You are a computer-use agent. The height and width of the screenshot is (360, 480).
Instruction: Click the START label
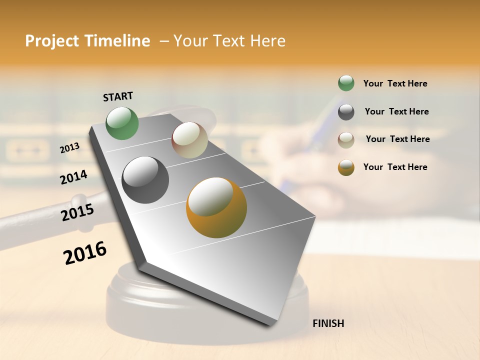pyautogui.click(x=118, y=96)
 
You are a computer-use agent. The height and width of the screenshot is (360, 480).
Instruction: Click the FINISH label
pyautogui.click(x=328, y=323)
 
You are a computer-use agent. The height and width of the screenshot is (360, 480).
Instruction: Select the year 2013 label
pyautogui.click(x=69, y=148)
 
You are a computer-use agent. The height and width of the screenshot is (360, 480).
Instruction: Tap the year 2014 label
pyautogui.click(x=73, y=177)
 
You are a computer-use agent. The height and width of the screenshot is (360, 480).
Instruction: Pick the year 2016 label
pyautogui.click(x=85, y=253)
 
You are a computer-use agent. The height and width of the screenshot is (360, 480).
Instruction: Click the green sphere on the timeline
pyautogui.click(x=122, y=123)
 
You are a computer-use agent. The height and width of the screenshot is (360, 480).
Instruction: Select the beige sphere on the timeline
pyautogui.click(x=189, y=140)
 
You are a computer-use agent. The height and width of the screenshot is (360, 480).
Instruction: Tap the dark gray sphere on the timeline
pyautogui.click(x=145, y=179)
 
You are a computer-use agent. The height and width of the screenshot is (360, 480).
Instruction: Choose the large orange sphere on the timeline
pyautogui.click(x=216, y=207)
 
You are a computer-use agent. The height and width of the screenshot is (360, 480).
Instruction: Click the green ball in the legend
pyautogui.click(x=346, y=83)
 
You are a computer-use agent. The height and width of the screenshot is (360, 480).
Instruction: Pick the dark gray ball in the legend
pyautogui.click(x=346, y=112)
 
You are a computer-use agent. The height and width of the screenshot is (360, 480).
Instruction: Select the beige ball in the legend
pyautogui.click(x=346, y=139)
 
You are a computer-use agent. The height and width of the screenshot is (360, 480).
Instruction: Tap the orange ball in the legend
pyautogui.click(x=346, y=167)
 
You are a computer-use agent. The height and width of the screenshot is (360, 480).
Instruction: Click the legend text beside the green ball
pyautogui.click(x=395, y=84)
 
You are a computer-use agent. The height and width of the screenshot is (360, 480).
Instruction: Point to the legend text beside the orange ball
pyautogui.click(x=395, y=167)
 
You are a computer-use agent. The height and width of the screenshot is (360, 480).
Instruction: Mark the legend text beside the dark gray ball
pyautogui.click(x=396, y=111)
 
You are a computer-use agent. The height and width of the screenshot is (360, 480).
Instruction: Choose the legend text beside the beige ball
pyautogui.click(x=397, y=139)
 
